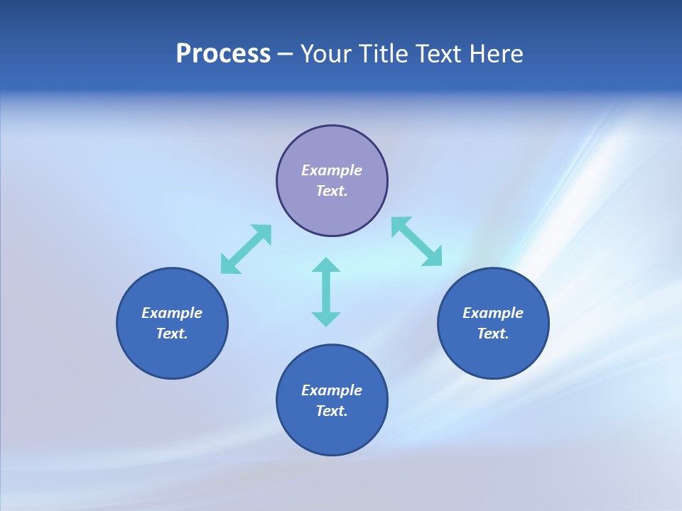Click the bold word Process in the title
[x=223, y=54]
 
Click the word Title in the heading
[x=384, y=54]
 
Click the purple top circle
[x=332, y=213]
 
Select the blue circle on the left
[x=172, y=355]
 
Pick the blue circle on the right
[x=493, y=355]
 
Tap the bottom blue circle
[x=332, y=433]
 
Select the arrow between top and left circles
[x=246, y=249]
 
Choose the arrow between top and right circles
[x=417, y=241]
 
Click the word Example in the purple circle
[x=332, y=170]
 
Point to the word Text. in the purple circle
[x=332, y=191]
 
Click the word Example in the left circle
[x=172, y=313]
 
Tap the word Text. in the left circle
[x=172, y=334]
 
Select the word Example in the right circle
[x=493, y=313]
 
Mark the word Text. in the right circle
[x=493, y=334]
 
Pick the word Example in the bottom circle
[x=332, y=390]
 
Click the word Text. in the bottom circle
[x=332, y=411]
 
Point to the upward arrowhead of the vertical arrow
[x=326, y=265]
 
